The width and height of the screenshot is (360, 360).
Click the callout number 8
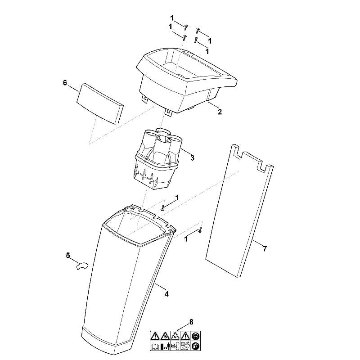click(x=191, y=322)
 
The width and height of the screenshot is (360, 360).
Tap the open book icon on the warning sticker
click(x=154, y=346)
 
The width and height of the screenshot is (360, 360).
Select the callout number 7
click(x=265, y=249)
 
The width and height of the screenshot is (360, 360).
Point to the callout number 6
click(x=65, y=83)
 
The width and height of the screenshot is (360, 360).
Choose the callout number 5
click(x=68, y=255)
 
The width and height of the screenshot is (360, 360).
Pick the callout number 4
click(x=166, y=294)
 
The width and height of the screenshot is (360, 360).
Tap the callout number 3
click(x=192, y=158)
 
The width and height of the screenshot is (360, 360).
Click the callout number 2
click(x=220, y=112)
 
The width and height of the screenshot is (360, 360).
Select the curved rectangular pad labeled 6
click(x=99, y=103)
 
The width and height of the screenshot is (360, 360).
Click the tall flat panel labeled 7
click(x=239, y=211)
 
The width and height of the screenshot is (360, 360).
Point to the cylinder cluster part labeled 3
click(x=157, y=158)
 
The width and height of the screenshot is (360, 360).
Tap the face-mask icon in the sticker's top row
click(x=196, y=336)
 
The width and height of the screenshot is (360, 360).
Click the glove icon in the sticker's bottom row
click(x=196, y=346)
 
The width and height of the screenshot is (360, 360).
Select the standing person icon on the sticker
click(x=165, y=346)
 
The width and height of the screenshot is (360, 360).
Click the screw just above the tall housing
click(x=163, y=208)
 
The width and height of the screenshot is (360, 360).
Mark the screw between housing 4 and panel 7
click(x=200, y=230)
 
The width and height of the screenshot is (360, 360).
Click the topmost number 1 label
click(x=172, y=18)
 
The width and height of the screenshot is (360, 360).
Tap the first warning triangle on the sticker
click(x=155, y=336)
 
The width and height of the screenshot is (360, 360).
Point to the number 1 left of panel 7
click(x=186, y=239)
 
